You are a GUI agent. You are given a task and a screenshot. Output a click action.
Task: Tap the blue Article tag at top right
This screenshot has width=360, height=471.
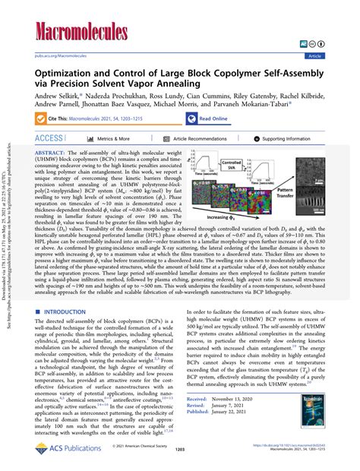(335, 55)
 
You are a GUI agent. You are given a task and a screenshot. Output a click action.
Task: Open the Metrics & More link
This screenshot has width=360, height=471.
(118, 139)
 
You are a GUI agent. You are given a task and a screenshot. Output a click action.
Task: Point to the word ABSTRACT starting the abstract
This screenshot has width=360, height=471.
(52, 153)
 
